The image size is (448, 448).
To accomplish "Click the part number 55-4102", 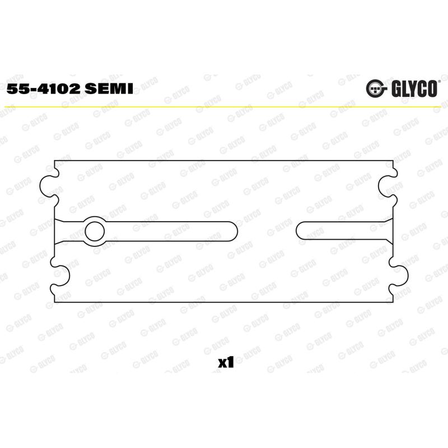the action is point(44,89).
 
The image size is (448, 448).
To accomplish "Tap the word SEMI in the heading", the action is point(109,89).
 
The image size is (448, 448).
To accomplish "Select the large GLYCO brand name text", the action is point(414,88).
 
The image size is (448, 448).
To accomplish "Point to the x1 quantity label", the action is point(226,362).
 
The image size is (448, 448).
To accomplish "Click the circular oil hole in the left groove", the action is point(95,231).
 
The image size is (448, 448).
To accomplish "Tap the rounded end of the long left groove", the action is point(233,231).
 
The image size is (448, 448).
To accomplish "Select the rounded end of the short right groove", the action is point(301,231).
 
